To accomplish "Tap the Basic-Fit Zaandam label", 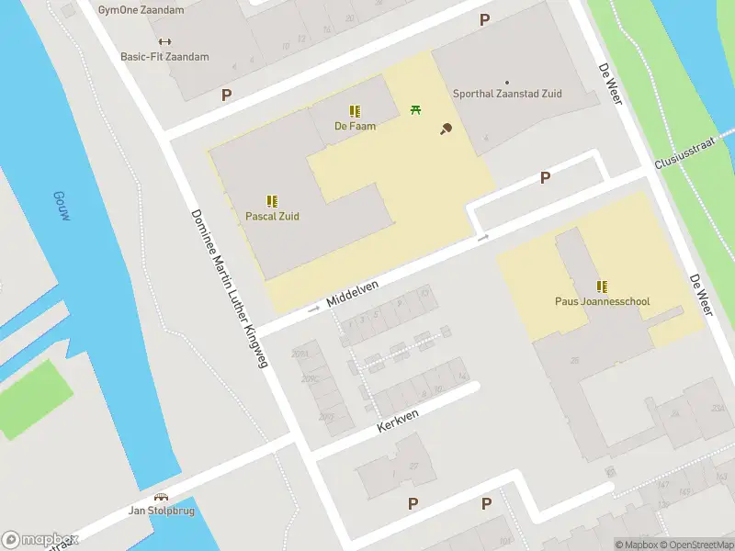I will tap(164, 57).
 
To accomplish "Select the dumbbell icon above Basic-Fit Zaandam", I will tap(164, 41).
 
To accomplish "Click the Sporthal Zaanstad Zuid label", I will tap(507, 94).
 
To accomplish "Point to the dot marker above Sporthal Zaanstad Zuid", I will tap(507, 83).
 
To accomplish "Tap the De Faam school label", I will tap(355, 127).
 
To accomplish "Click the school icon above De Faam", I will tap(355, 111).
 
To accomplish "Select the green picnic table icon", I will tap(416, 110).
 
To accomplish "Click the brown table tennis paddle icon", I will tap(447, 129).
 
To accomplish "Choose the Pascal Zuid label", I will tap(272, 217).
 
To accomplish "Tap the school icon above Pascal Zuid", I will tap(272, 200).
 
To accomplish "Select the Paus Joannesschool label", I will tap(602, 301).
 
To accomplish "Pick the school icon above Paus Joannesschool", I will tap(602, 286).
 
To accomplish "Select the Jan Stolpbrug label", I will tap(161, 511).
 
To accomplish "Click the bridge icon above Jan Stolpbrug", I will tap(161, 496).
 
